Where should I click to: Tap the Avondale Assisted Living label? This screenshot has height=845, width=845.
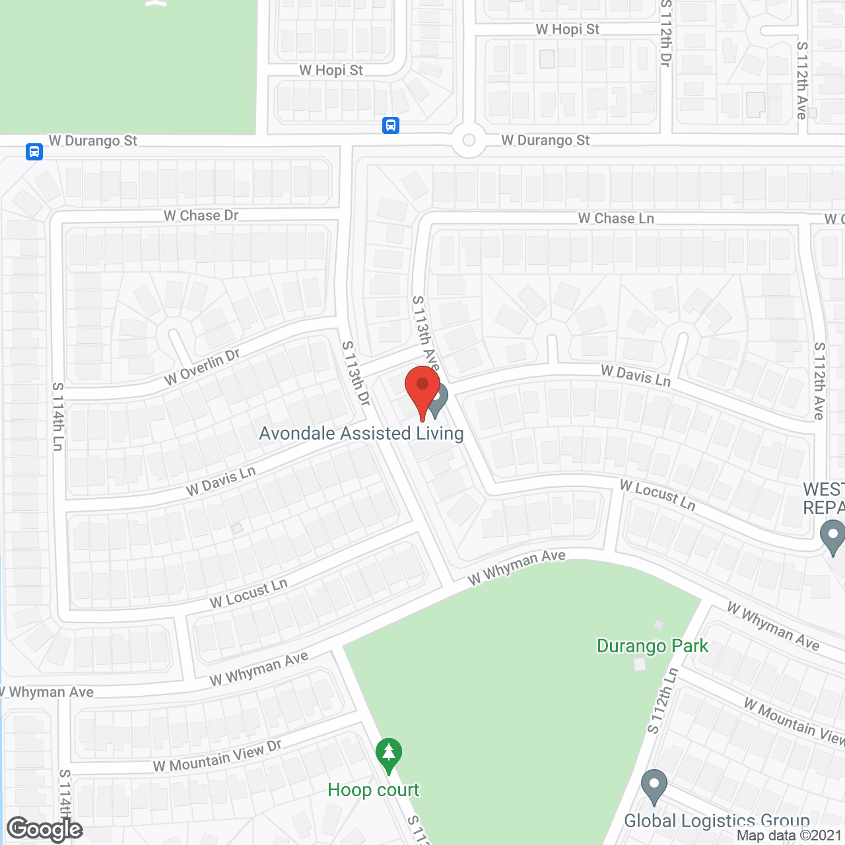click(x=361, y=434)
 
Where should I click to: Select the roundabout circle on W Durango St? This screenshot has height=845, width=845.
click(x=469, y=140)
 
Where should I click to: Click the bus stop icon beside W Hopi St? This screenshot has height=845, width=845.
click(x=391, y=125)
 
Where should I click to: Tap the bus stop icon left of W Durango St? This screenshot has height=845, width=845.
click(x=34, y=152)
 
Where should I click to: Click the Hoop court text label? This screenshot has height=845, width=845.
click(x=374, y=790)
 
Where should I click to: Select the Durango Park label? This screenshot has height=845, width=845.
click(x=652, y=646)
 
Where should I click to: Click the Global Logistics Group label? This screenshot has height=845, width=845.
click(x=717, y=821)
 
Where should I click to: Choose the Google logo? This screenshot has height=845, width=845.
click(x=44, y=829)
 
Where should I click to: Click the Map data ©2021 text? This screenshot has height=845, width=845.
click(x=789, y=836)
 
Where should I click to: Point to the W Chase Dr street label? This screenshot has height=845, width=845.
click(x=201, y=216)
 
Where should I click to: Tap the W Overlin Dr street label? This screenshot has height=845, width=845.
click(x=203, y=367)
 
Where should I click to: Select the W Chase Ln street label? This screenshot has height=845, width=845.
click(x=616, y=219)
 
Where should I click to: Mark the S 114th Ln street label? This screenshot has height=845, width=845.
click(x=58, y=417)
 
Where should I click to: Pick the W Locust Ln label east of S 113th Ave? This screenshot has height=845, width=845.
click(x=658, y=495)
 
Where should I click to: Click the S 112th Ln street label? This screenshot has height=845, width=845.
click(x=663, y=701)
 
